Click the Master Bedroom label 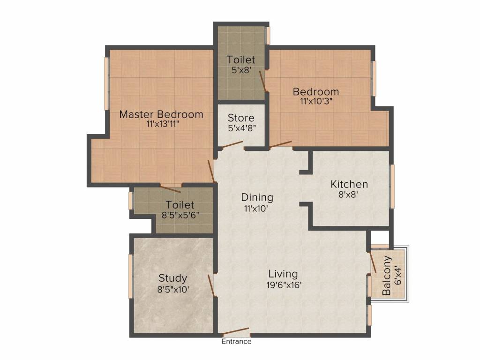click(161, 114)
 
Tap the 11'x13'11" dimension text click(163, 124)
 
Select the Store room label click(241, 118)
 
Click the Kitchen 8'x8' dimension click(348, 195)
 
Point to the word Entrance click(237, 341)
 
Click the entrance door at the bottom click(235, 331)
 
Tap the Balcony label click(387, 275)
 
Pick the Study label click(173, 278)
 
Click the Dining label click(257, 197)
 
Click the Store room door click(232, 145)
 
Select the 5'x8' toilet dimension click(241, 70)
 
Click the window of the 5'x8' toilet click(268, 36)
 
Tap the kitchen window click(392, 187)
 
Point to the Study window click(130, 276)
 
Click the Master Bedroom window click(106, 83)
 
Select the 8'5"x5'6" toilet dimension click(180, 215)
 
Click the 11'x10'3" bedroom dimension click(316, 101)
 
